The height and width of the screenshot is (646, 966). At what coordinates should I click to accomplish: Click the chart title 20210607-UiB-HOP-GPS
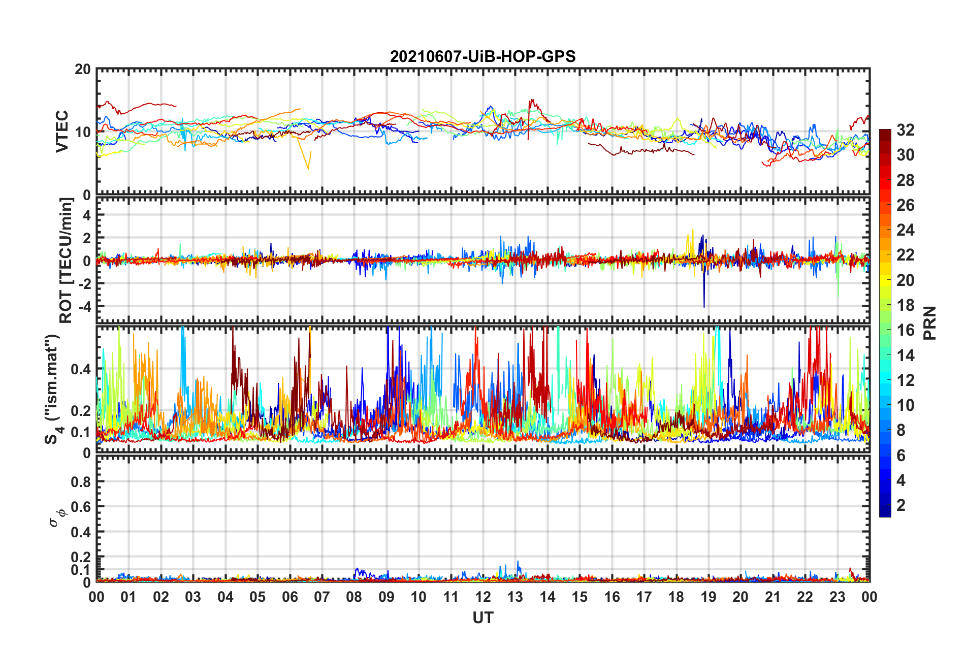(482, 56)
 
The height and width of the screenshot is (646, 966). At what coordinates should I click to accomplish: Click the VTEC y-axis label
(62, 132)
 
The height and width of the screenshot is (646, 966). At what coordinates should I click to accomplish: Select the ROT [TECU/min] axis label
(66, 261)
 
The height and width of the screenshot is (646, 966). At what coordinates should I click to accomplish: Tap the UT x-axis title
(482, 618)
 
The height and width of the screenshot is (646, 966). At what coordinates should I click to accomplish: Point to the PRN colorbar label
(930, 323)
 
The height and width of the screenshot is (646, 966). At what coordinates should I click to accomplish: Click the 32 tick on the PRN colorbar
(905, 130)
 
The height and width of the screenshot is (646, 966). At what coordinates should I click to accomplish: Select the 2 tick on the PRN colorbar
(901, 505)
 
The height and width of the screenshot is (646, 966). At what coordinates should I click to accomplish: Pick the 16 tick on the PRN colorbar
(905, 330)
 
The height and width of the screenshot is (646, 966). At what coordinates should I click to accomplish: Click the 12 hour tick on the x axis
(483, 597)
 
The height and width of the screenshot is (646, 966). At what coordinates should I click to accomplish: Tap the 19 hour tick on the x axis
(709, 597)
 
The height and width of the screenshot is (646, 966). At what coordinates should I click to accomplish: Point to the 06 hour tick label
(290, 597)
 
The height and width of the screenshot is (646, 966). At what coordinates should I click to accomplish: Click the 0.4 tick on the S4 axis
(81, 369)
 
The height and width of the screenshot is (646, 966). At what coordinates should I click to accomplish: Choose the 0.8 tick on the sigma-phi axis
(81, 481)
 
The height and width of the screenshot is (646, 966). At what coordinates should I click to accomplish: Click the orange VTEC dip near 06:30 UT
(308, 168)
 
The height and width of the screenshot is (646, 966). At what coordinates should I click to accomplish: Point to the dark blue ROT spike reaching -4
(704, 305)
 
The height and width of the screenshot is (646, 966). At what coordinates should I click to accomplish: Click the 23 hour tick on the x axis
(838, 597)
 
